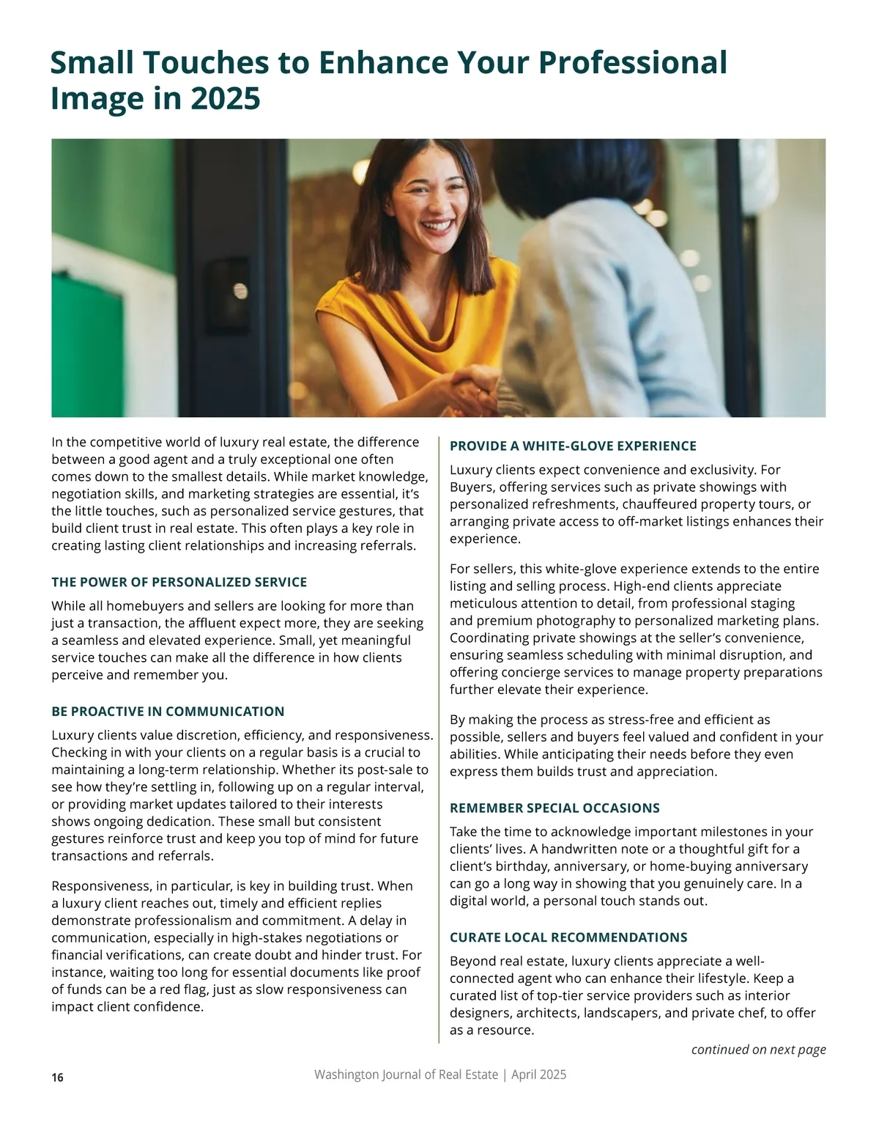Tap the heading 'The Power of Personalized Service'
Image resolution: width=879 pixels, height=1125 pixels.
(x=179, y=582)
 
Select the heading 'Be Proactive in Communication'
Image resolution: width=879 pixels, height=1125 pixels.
(x=168, y=711)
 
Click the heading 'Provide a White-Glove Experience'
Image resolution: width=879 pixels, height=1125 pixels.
(x=573, y=446)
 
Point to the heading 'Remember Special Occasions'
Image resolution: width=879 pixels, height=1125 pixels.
(x=555, y=808)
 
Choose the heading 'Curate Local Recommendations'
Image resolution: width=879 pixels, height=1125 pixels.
(x=568, y=937)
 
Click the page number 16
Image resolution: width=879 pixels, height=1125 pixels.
(x=58, y=1077)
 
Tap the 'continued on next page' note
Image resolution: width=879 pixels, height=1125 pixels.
(x=758, y=1050)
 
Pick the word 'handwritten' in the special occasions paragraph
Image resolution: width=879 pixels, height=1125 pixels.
(x=576, y=849)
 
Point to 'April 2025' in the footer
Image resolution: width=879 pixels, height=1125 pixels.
(x=538, y=1074)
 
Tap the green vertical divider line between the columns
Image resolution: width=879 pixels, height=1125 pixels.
(x=439, y=733)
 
